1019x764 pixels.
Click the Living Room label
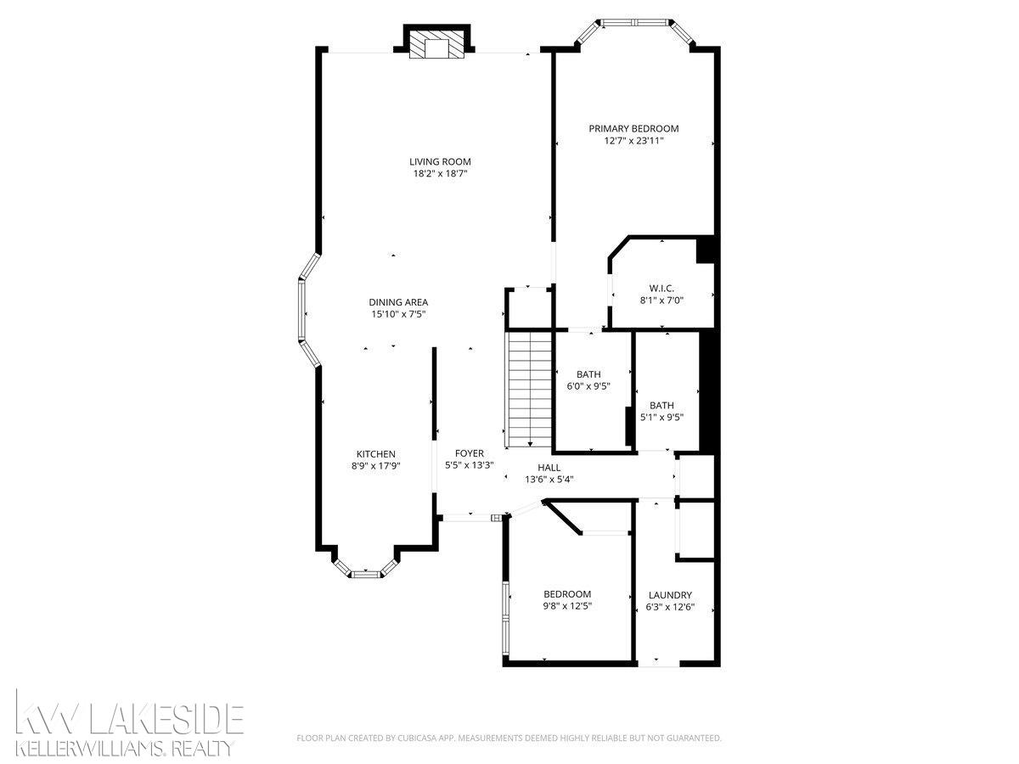[x=440, y=161]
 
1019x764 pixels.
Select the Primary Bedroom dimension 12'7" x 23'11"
[x=633, y=141]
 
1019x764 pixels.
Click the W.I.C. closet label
[x=662, y=288]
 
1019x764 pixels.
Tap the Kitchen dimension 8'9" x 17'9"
[x=376, y=465]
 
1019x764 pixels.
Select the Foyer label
[x=470, y=453]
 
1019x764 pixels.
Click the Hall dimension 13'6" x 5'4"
[x=549, y=479]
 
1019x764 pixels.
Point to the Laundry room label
[x=670, y=595]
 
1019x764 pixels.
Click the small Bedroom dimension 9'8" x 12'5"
[x=567, y=606]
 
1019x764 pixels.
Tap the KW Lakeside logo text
[x=132, y=718]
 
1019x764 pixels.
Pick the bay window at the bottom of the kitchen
[x=366, y=573]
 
